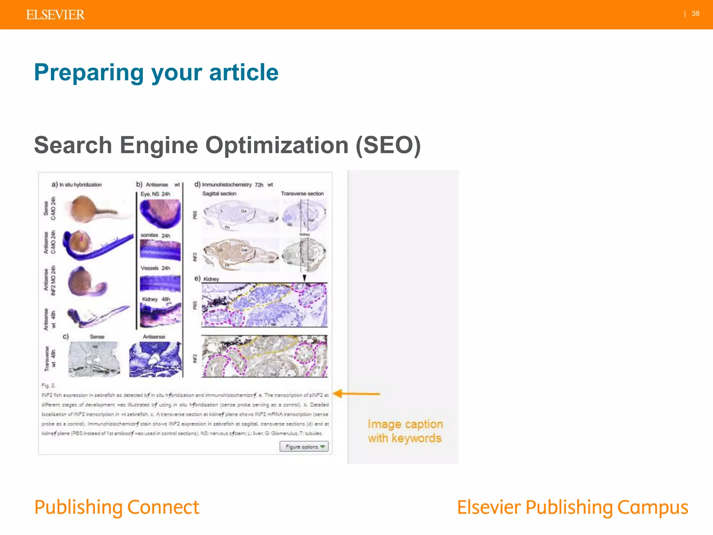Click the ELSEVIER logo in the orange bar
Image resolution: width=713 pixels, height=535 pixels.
click(55, 15)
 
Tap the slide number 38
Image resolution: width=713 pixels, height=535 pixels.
click(695, 14)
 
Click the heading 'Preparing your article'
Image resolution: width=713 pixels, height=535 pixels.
click(156, 72)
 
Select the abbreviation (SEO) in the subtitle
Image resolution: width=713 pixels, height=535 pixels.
click(388, 145)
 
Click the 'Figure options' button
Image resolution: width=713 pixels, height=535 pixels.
click(304, 447)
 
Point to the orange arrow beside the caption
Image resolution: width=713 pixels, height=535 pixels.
click(356, 394)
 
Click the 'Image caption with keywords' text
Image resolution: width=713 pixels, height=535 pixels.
click(405, 431)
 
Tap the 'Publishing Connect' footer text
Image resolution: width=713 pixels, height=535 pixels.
click(117, 507)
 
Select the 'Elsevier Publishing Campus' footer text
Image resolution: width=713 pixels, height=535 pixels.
click(572, 507)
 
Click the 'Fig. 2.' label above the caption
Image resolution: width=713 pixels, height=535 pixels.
click(48, 385)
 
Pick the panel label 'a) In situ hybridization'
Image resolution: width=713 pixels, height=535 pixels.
click(77, 185)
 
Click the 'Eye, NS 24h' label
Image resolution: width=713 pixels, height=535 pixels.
click(155, 194)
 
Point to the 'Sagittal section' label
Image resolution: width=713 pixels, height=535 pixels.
click(219, 194)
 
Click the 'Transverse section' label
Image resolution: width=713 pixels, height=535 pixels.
click(302, 194)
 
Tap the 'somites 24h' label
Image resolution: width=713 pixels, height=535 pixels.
click(155, 235)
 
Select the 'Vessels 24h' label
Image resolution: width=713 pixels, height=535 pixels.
click(155, 268)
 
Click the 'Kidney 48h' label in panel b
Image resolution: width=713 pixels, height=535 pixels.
click(156, 299)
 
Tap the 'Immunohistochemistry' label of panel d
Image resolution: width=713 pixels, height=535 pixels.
click(227, 185)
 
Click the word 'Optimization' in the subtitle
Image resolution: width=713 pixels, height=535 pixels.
click(277, 145)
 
